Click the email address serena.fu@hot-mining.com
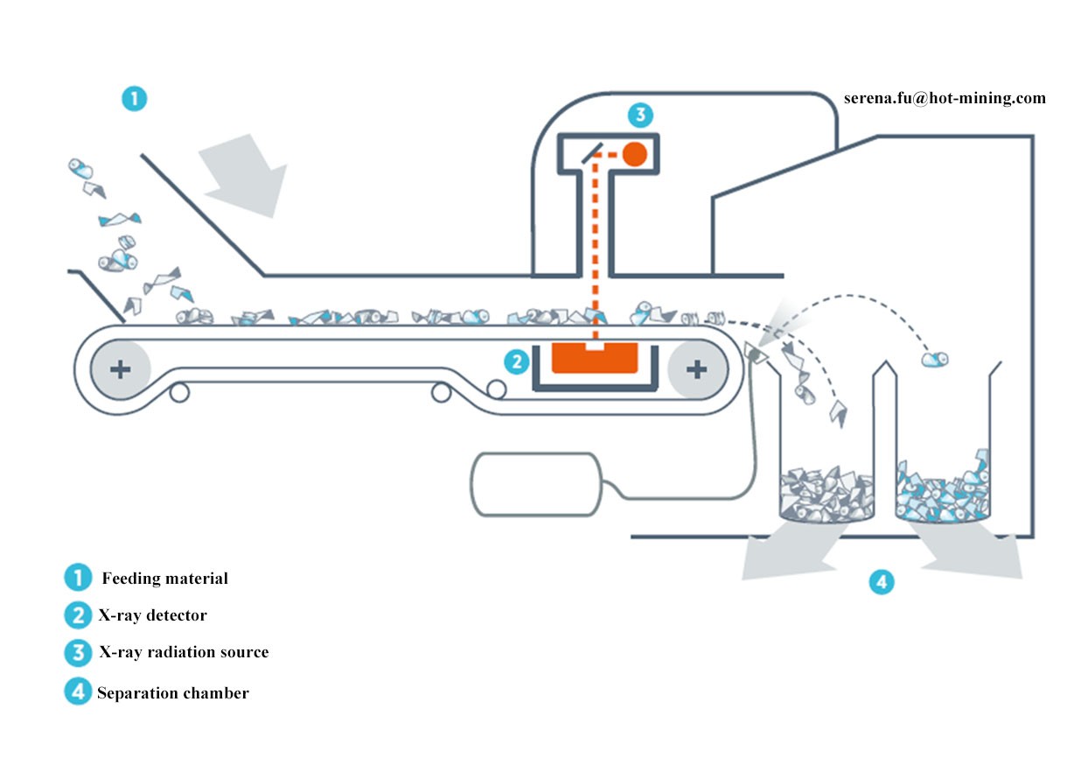point(945,98)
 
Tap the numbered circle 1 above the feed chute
point(134,99)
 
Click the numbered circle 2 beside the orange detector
point(517,360)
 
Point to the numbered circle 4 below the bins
point(882,580)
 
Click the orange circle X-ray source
point(634,154)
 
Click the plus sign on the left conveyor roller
point(121,369)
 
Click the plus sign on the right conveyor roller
point(696,369)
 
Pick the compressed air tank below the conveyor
point(534,482)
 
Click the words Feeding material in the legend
point(165,579)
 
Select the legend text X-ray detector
point(152,615)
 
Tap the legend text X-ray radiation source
point(183,652)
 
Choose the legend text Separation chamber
point(173,693)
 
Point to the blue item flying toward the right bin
point(936,358)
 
